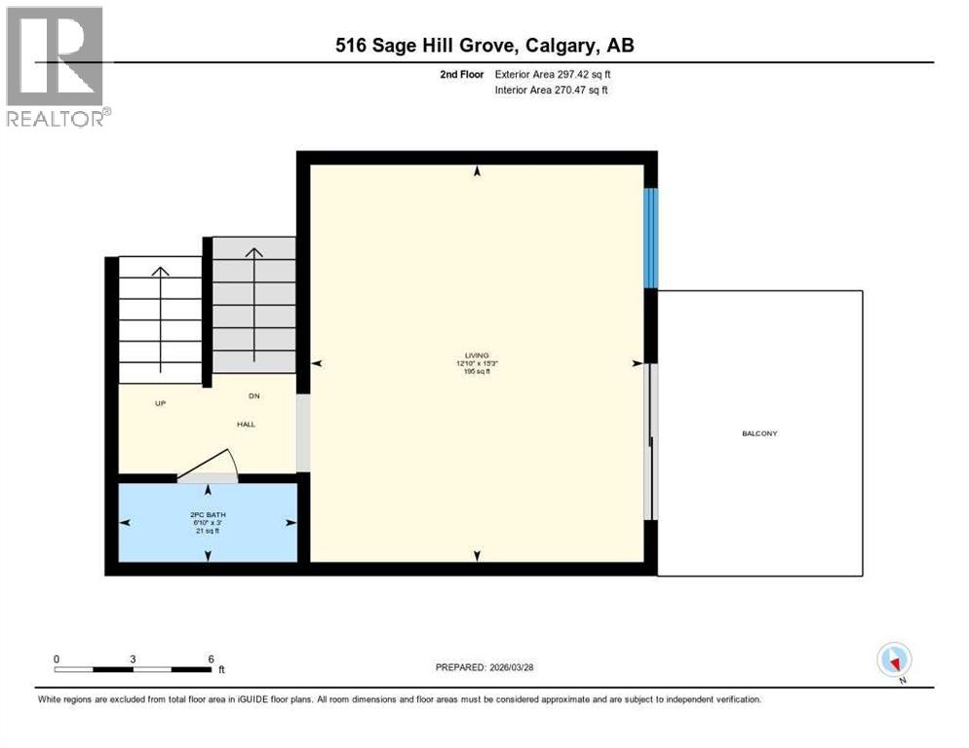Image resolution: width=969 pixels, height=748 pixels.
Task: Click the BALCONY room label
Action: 759,433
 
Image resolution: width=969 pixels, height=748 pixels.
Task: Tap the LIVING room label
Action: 477,355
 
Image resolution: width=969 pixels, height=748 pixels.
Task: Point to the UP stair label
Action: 161,402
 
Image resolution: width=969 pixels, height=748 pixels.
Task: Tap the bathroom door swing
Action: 208,466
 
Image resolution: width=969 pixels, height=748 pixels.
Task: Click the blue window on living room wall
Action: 651,238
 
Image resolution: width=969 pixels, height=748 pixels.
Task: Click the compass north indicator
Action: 894,660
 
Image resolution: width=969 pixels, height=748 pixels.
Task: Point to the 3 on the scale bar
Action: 133,658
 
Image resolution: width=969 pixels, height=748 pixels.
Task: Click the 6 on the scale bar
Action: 211,658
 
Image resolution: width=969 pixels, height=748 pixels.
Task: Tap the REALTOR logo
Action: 57,66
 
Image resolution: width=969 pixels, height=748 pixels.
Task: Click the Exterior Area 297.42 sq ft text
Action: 553,74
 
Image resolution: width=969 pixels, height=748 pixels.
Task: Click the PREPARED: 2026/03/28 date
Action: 486,667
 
